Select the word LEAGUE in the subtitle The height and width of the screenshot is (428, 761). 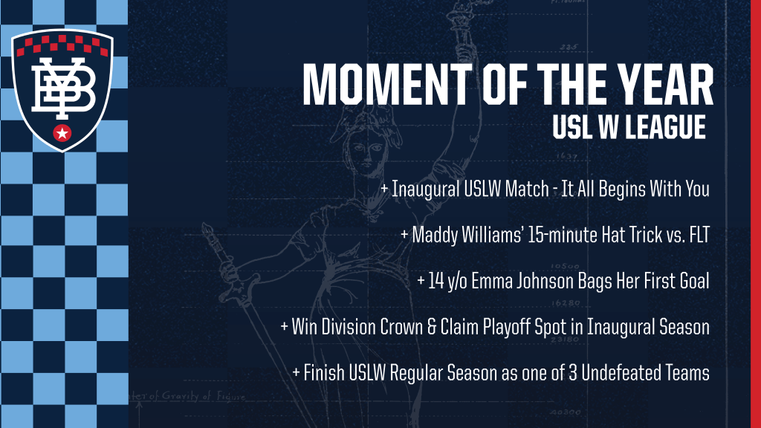click(x=665, y=127)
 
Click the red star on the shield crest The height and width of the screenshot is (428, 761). click(x=62, y=132)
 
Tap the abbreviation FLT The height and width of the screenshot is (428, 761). click(x=699, y=235)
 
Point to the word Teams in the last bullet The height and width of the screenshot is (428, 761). click(x=690, y=373)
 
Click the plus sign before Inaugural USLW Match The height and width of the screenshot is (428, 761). click(x=384, y=188)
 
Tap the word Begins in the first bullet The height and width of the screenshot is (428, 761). click(x=621, y=189)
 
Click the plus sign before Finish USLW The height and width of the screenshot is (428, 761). click(x=296, y=373)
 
